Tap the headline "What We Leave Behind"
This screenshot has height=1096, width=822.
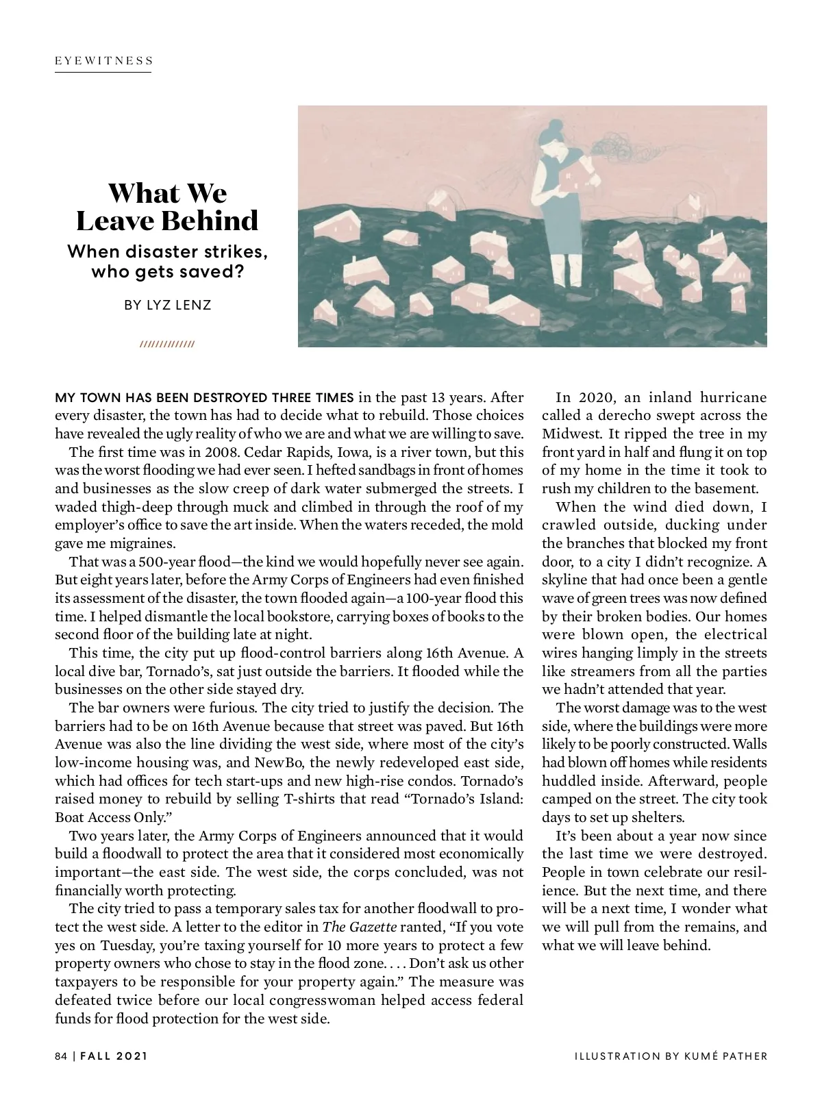pyautogui.click(x=167, y=207)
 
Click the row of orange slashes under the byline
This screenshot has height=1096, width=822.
pyautogui.click(x=167, y=344)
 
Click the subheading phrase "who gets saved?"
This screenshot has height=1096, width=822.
pyautogui.click(x=167, y=272)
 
